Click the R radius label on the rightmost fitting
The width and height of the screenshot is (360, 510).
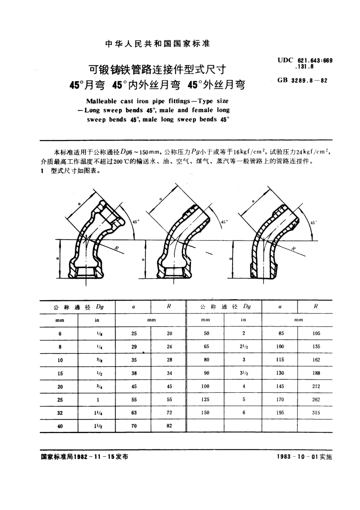point(293,248)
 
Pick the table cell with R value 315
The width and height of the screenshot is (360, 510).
point(316,413)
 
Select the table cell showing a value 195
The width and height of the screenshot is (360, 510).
point(280,413)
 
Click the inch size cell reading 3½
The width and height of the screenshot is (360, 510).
point(244,373)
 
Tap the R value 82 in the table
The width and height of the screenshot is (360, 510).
point(169,426)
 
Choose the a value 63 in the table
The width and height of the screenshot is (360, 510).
point(134,413)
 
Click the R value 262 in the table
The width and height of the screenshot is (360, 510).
point(316,399)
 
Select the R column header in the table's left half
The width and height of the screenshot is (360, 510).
point(169,306)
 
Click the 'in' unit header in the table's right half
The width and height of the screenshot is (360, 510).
point(243,320)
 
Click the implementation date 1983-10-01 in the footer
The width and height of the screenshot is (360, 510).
point(298,457)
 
